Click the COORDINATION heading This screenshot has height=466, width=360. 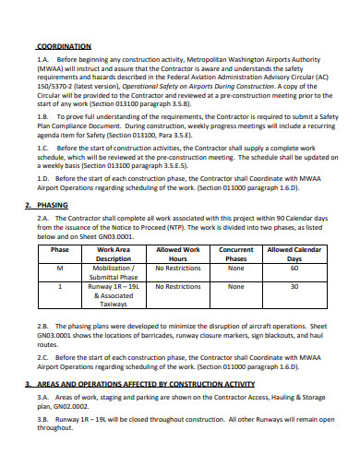point(64,45)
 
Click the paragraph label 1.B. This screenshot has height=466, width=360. point(43,119)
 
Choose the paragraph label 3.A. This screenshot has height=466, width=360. point(43,399)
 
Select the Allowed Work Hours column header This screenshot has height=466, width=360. point(178,254)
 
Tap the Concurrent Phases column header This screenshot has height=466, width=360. point(236,254)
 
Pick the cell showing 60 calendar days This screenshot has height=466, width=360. point(294,269)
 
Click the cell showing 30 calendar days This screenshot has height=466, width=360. point(294,287)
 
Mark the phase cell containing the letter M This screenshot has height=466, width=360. point(60,269)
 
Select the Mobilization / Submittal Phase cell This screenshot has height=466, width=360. point(114,273)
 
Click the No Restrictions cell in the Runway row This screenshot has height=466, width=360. point(178,287)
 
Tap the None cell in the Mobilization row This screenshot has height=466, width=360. point(236,269)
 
